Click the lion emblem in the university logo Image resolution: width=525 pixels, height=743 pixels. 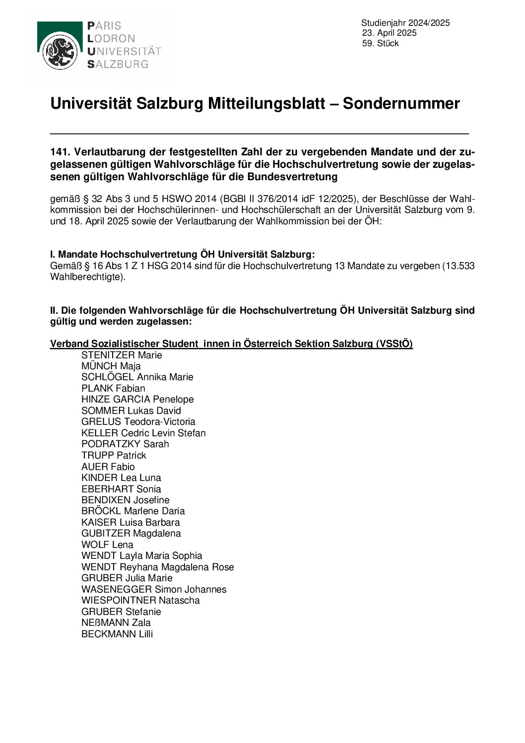(60, 51)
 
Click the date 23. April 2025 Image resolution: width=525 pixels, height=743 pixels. (390, 33)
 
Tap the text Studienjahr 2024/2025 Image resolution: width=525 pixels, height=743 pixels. (405, 23)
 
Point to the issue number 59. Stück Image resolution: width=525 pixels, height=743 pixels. (381, 44)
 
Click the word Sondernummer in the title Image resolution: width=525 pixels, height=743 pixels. (401, 104)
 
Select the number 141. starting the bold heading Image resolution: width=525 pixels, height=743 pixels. (60, 152)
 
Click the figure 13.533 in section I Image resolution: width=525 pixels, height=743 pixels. (461, 266)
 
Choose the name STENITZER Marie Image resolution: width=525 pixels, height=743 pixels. (122, 355)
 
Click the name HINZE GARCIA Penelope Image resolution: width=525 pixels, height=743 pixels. (137, 400)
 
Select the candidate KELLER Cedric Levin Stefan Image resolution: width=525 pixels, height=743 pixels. (143, 433)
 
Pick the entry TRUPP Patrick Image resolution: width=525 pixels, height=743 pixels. (114, 455)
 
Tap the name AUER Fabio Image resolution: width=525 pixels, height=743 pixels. (108, 467)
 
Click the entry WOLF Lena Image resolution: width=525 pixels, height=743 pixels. (107, 544)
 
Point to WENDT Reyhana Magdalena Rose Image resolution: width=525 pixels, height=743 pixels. (157, 567)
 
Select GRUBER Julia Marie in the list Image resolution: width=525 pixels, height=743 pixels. (127, 578)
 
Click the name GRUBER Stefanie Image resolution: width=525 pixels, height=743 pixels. (121, 611)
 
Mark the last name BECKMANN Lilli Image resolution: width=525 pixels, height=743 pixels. (117, 634)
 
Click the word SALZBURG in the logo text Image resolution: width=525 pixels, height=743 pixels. (118, 64)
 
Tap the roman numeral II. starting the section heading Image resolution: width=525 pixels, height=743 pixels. (54, 311)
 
